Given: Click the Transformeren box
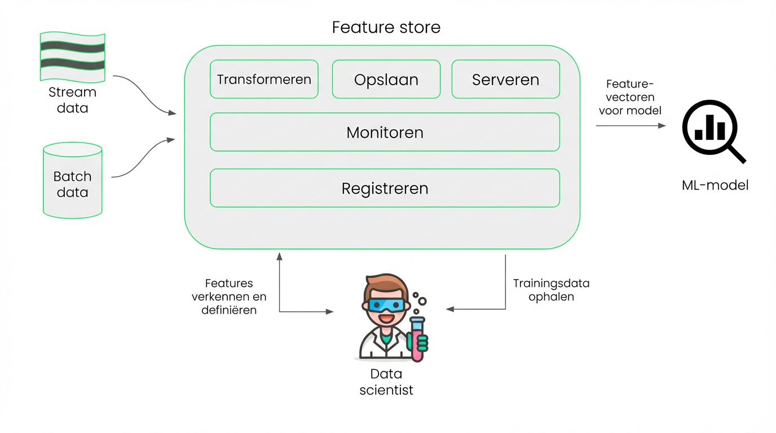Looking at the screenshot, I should (x=264, y=79).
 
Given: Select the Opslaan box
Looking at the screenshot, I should (x=386, y=79).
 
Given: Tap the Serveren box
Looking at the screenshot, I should (x=505, y=79).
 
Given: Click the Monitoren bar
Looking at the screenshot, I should (x=385, y=132).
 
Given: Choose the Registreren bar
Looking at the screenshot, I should (x=385, y=188).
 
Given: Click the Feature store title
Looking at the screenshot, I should (x=386, y=27).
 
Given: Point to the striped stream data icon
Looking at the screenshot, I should (x=73, y=56).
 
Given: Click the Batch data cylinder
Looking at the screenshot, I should (x=73, y=180).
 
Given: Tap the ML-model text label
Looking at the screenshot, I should (x=715, y=185).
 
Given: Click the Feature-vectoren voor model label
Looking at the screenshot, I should (x=630, y=97).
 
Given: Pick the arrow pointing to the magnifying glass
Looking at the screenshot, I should (x=630, y=126).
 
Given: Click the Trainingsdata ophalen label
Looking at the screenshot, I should (x=551, y=290).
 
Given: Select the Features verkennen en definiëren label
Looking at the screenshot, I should (x=229, y=297).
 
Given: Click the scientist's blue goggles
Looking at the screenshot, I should (x=386, y=305).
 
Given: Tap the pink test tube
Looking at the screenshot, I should (x=417, y=338).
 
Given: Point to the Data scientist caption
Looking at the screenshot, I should (x=386, y=381).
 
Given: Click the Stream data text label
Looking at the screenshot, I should (x=73, y=100).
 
